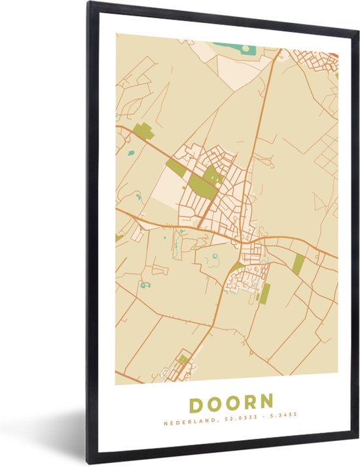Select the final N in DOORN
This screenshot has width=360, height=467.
coord(266,402)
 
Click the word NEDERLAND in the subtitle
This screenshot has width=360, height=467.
coord(186,423)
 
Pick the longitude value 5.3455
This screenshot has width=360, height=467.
coord(282,423)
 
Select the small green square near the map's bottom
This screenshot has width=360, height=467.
coord(184,358)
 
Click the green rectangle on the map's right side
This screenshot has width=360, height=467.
coord(298,263)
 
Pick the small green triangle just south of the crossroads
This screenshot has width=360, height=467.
coord(234,266)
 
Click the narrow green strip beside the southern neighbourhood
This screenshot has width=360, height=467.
coord(264,293)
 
